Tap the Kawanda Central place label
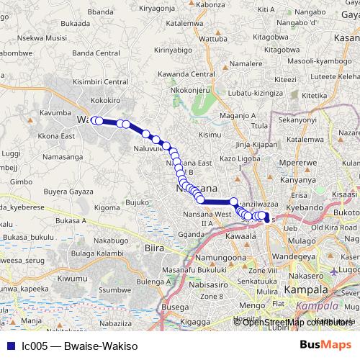click(189, 74)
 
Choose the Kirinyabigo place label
click(174, 50)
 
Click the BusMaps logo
click(325, 345)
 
